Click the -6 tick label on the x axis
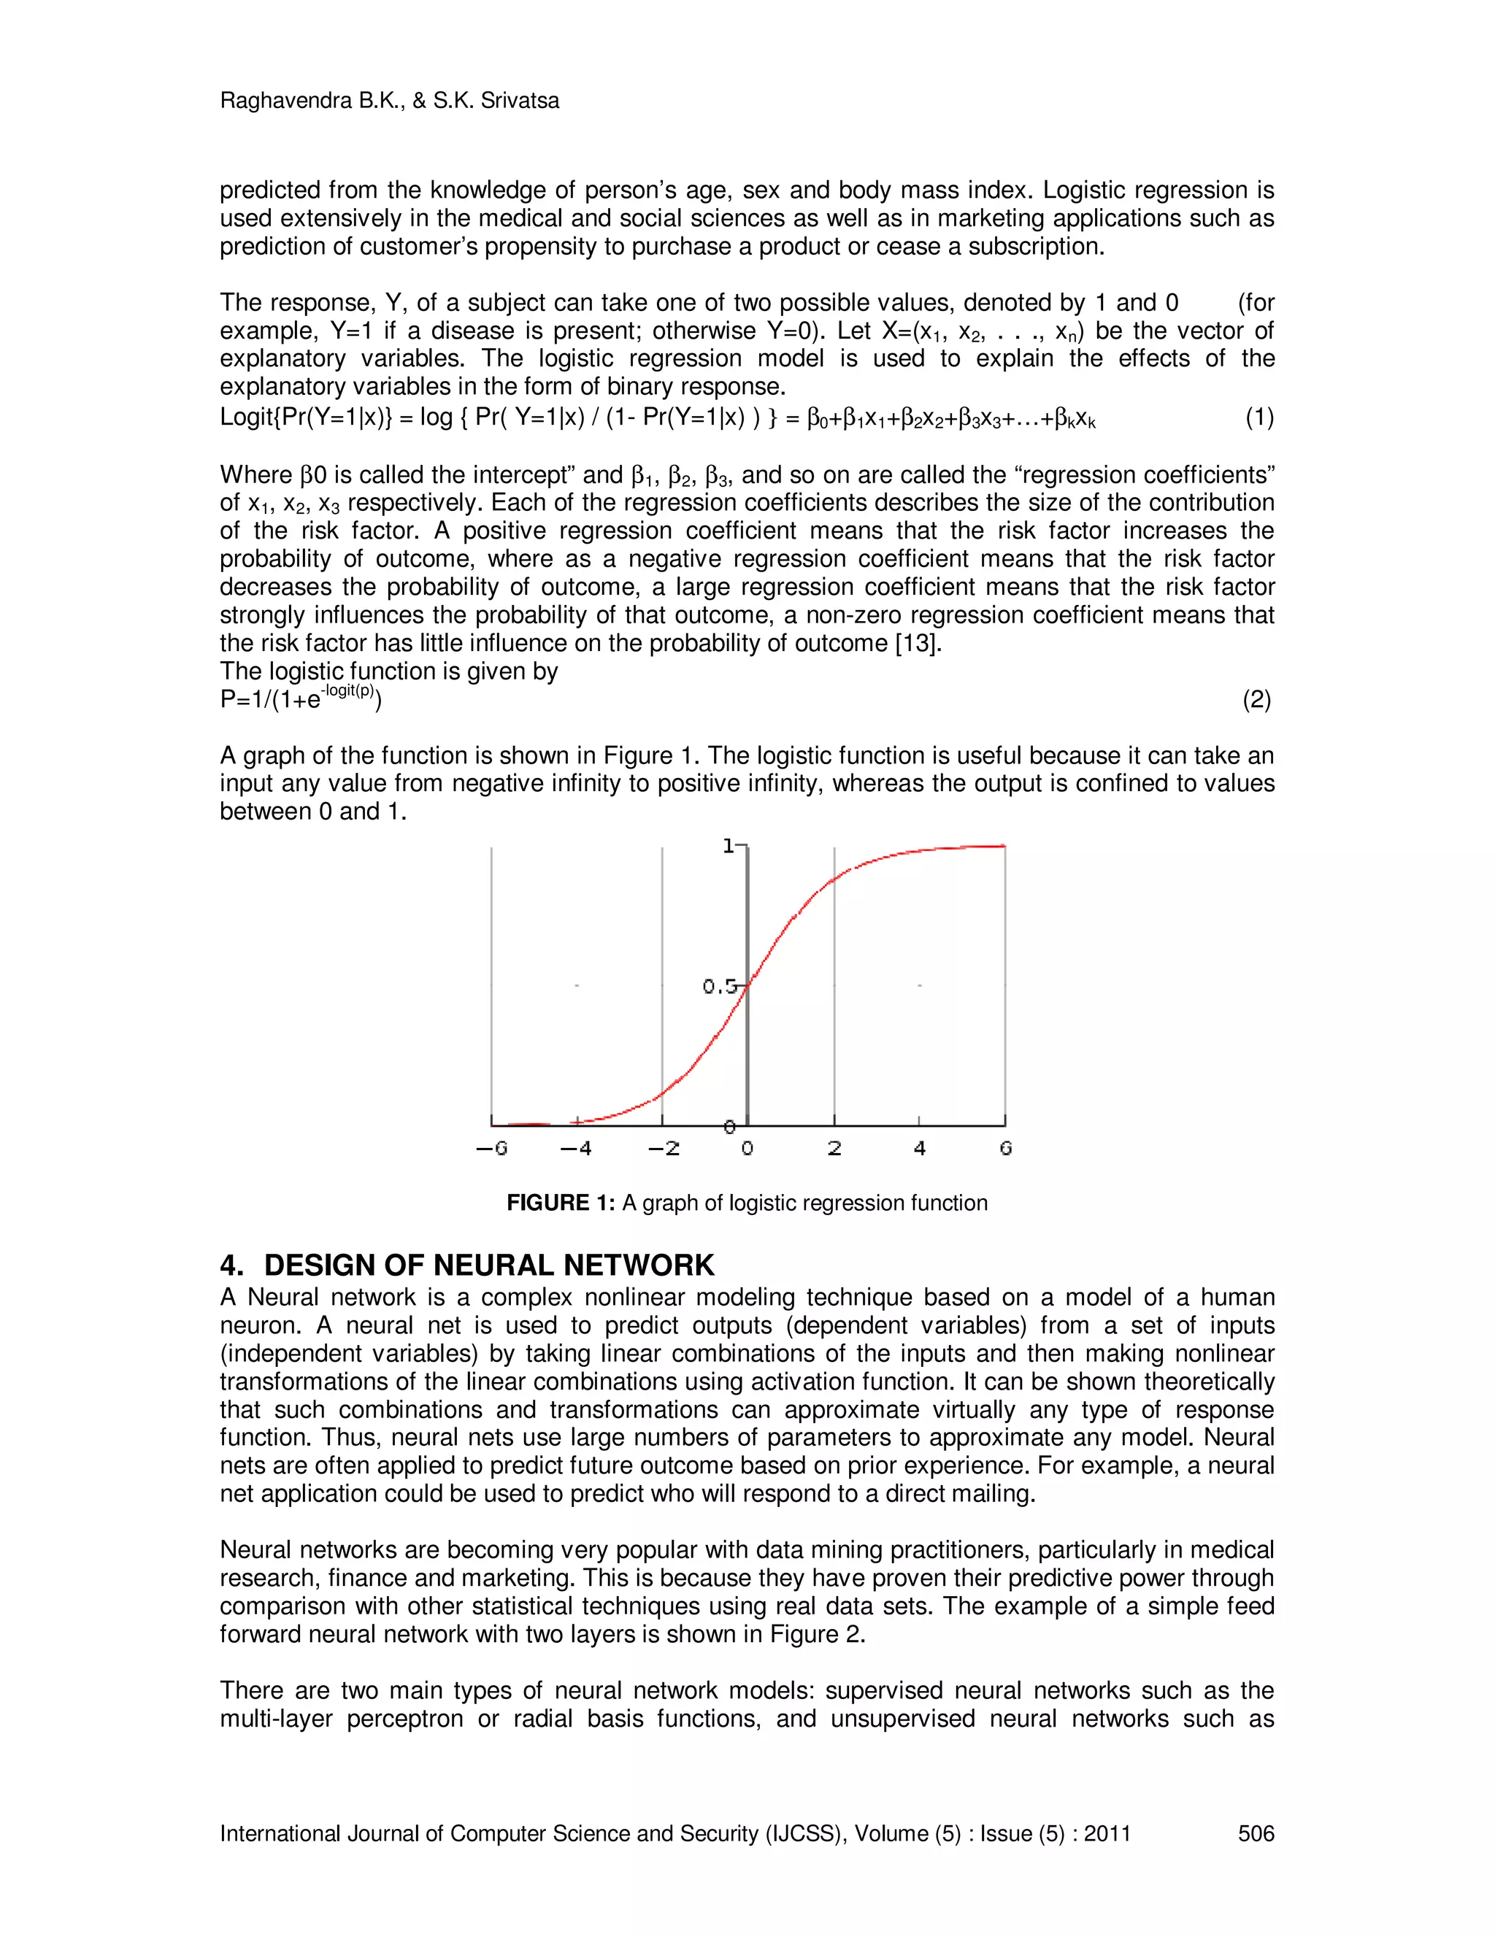pos(491,1149)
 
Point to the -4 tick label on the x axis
pos(576,1149)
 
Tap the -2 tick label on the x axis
pos(664,1149)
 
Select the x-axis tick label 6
pos(1005,1149)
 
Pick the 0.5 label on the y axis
pos(719,987)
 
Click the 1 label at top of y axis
pos(729,847)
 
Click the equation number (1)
pos(1259,417)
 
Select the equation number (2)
pos(1257,701)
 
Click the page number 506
pos(1256,1833)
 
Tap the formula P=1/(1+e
pos(270,701)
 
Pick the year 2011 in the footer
pos(1107,1833)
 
